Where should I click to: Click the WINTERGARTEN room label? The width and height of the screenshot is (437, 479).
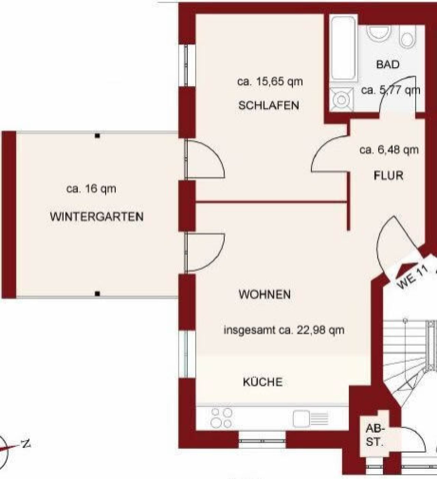97,216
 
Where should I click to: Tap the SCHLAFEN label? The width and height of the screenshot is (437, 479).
269,105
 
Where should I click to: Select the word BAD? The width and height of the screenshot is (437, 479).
388,65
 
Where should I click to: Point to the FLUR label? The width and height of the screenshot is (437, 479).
389,176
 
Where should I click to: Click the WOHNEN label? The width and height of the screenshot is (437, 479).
265,294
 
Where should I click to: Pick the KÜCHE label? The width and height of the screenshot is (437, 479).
263,382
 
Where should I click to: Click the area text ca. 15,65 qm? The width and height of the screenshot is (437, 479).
270,82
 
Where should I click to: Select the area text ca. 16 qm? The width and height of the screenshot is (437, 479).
91,189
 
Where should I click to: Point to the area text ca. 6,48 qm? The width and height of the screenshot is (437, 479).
389,150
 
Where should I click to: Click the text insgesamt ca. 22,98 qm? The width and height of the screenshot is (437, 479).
284,330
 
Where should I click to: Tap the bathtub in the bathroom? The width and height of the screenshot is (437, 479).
343,48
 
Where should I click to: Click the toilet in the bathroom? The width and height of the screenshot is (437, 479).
408,37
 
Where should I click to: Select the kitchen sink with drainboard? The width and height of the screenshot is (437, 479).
310,419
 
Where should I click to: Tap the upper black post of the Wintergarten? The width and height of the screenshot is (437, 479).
97,136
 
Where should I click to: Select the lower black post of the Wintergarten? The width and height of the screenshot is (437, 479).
97,294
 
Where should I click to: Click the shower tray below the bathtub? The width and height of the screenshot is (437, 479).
341,99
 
